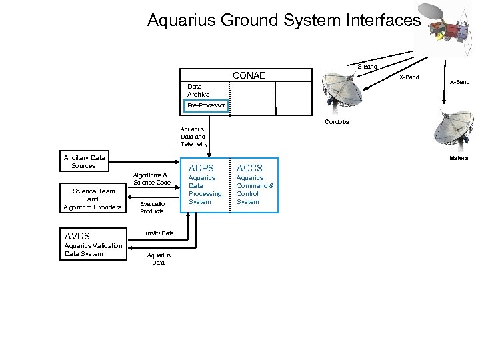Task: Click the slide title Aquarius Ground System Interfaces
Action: coord(284,21)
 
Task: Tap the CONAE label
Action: coord(247,75)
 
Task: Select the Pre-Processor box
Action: coord(206,105)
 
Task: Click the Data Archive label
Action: coord(198,91)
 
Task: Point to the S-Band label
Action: coord(367,67)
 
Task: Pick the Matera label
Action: coord(459,158)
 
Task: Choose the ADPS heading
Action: coord(201,167)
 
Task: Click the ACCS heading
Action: coord(249,167)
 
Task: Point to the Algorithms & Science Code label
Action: coord(153,179)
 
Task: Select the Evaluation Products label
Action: coord(153,207)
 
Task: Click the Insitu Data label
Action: coord(159,233)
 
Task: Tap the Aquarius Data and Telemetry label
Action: coord(194,136)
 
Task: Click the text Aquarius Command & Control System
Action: coord(255,190)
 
